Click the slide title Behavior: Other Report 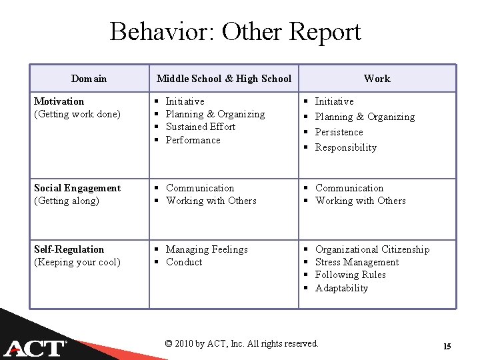235,32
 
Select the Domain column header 89,79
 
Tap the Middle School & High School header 224,79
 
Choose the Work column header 377,79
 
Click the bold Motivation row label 59,101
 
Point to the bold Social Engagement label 77,188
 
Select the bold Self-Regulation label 69,249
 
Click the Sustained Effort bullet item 200,127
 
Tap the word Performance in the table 193,140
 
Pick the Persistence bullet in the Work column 339,132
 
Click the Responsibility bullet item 345,147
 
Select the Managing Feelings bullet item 207,249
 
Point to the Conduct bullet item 184,262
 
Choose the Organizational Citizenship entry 372,249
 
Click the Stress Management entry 357,262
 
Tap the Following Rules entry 350,275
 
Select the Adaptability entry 341,288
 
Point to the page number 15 447,346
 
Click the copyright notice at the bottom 241,343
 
